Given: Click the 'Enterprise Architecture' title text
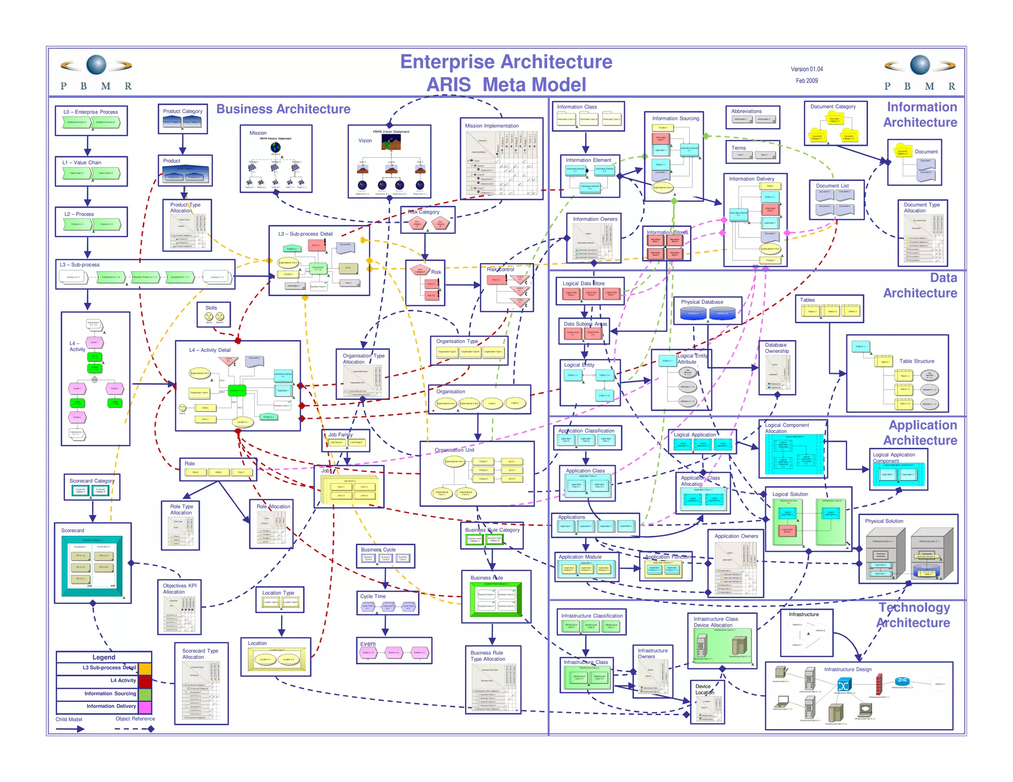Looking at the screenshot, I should (506, 62).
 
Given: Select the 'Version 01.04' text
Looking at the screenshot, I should (806, 69).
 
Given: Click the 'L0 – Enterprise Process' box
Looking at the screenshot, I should (92, 121).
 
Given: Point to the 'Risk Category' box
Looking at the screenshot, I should (427, 220).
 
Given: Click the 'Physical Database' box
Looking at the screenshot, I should (708, 310).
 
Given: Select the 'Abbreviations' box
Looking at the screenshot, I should (752, 117).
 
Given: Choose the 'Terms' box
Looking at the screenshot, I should (752, 152).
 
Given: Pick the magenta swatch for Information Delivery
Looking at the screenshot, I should (145, 707).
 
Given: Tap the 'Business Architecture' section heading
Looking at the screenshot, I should (283, 109).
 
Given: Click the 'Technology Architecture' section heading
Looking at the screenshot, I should (914, 615).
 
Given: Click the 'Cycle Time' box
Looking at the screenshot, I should (387, 603).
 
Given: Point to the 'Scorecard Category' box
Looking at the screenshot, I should (92, 487).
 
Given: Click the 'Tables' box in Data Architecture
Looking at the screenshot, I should (829, 309).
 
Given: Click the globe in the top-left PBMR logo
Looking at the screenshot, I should (96, 65).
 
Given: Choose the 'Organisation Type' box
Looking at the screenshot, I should (469, 350).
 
